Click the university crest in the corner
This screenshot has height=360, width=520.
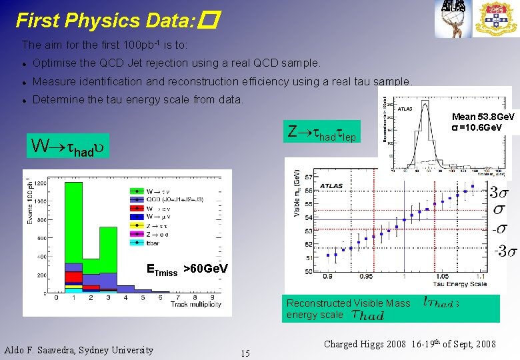(495, 18)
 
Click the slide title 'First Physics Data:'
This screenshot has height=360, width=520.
(104, 21)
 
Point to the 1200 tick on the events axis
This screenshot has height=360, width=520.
(40, 183)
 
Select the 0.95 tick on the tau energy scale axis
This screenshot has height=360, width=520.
(366, 276)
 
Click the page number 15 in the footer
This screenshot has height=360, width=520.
(245, 353)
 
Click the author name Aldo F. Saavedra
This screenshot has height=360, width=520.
(79, 350)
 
